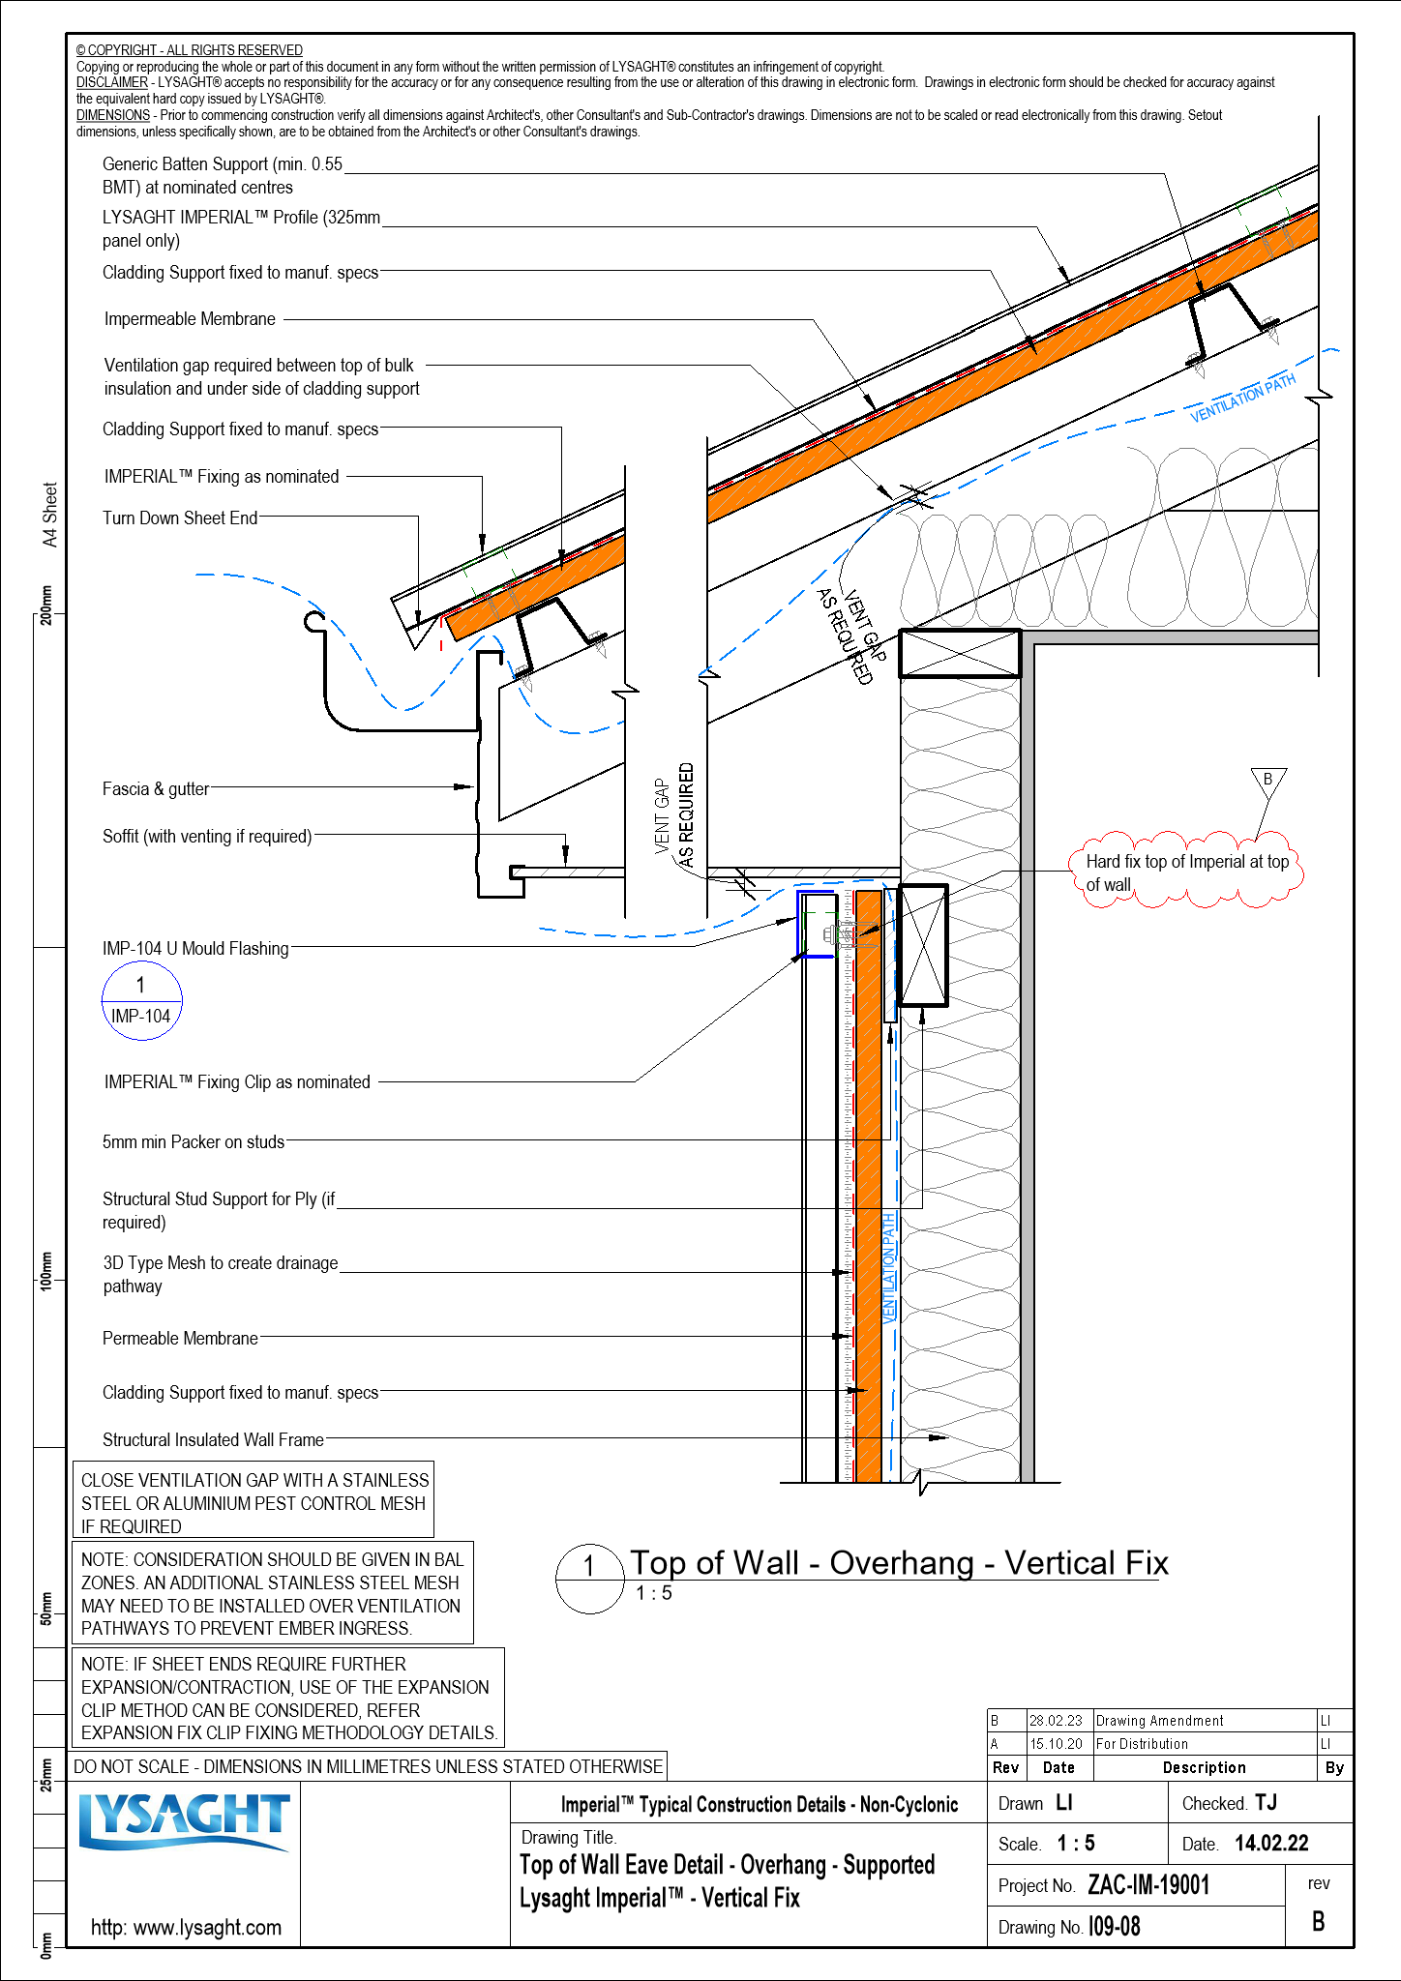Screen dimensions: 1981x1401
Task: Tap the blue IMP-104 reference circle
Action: [x=141, y=1001]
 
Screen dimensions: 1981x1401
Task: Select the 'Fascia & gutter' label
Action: [x=156, y=789]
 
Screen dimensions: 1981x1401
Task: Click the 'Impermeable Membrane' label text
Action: [x=190, y=319]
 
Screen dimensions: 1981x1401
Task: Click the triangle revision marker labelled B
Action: [x=1267, y=780]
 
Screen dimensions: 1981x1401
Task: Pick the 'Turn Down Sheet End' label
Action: [x=180, y=518]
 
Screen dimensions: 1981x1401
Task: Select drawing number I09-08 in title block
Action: [x=1115, y=1927]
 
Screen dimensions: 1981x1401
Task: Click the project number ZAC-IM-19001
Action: [x=1148, y=1885]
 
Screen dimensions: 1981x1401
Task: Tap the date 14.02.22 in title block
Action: [x=1271, y=1844]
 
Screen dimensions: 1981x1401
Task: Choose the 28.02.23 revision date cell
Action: [x=1057, y=1721]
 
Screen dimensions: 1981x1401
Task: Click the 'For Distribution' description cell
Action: [x=1142, y=1744]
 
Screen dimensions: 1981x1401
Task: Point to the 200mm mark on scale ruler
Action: [x=46, y=606]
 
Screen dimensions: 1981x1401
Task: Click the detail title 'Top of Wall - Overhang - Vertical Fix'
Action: [x=899, y=1564]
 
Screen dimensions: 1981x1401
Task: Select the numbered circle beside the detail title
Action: [x=589, y=1579]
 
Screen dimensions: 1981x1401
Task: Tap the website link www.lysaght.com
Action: [x=186, y=1927]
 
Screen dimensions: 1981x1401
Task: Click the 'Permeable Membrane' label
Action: [x=180, y=1339]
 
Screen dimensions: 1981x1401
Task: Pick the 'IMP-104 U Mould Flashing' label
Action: [x=195, y=949]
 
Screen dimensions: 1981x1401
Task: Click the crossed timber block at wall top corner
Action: [x=960, y=654]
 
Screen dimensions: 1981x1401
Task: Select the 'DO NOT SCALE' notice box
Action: [x=368, y=1766]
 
